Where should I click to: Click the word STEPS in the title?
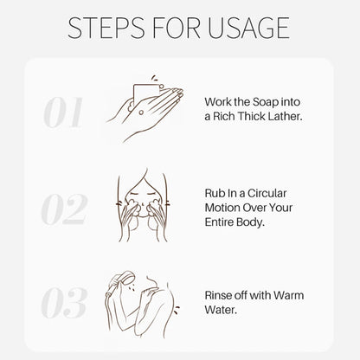click(x=106, y=28)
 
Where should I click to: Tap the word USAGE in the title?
click(x=248, y=28)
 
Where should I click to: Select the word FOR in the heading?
click(x=176, y=28)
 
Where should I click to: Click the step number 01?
click(x=63, y=112)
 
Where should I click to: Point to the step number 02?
click(x=64, y=209)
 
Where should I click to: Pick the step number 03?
click(x=64, y=303)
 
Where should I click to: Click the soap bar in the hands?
click(x=145, y=93)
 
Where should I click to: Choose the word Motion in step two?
click(x=222, y=208)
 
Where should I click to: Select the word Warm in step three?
click(x=288, y=295)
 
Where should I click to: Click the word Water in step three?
click(x=221, y=310)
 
